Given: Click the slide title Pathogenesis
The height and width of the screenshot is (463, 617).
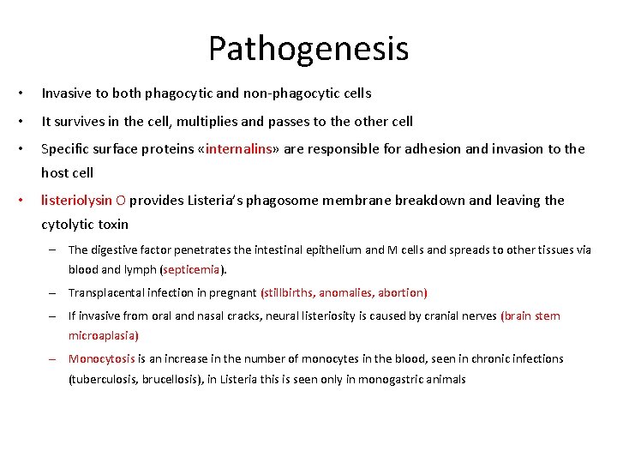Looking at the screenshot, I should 308,48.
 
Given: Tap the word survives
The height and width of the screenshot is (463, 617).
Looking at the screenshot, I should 81,121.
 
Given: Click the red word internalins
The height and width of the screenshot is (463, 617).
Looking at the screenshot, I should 237,149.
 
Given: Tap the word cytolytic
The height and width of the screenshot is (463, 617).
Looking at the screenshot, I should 68,225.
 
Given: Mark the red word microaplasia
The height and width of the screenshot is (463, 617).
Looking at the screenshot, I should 103,335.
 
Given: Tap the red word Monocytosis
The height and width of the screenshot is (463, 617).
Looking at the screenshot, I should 101,359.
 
